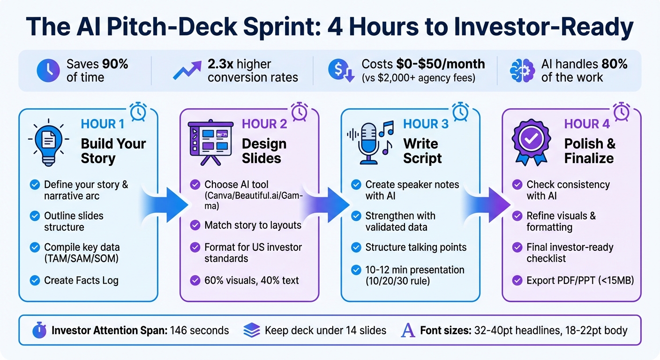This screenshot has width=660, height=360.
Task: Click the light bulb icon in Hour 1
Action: tap(48, 140)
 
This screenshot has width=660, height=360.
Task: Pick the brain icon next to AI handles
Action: tap(521, 71)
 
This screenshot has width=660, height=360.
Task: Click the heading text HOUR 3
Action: tap(426, 124)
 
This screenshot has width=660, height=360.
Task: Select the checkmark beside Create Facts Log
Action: tap(34, 281)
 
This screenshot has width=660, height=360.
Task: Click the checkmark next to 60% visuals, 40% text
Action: tap(195, 281)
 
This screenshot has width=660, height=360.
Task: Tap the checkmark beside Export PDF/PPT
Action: tap(517, 281)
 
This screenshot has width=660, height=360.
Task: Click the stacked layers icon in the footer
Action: tap(252, 330)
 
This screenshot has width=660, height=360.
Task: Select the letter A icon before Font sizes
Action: tap(408, 330)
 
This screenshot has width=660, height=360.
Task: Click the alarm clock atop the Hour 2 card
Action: tap(300, 112)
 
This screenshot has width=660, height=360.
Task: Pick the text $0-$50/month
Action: tap(440, 64)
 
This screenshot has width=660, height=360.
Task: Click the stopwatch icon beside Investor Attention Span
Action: tap(40, 330)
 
